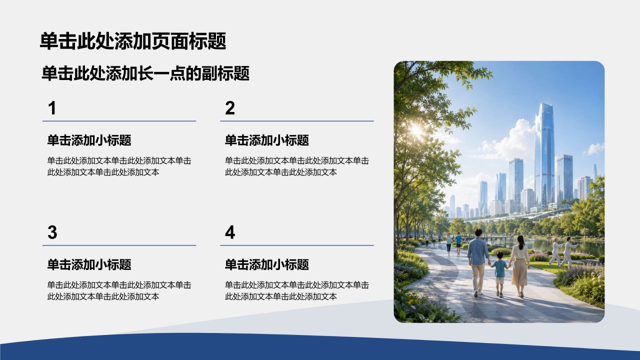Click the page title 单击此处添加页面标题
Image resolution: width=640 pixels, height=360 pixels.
[x=133, y=41]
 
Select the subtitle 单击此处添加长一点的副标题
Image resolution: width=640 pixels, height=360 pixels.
[x=145, y=73]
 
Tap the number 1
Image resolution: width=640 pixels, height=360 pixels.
[x=52, y=108]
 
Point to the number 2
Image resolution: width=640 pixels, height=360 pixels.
[x=230, y=108]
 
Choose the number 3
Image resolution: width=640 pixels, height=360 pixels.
[x=52, y=232]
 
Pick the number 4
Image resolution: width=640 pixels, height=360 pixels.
[x=230, y=232]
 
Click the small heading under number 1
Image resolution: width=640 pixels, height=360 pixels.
[x=89, y=140]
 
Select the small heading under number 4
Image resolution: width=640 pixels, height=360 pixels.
[x=267, y=264]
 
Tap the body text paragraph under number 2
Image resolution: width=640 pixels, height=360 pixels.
[x=297, y=166]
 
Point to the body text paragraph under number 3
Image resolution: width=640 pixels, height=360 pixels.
[x=119, y=290]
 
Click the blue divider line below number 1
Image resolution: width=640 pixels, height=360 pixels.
[x=119, y=121]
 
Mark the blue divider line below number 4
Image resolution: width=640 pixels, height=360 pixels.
[x=297, y=245]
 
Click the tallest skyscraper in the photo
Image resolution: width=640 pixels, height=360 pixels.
[x=544, y=155]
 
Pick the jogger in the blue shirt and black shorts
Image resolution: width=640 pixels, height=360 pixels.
[x=458, y=243]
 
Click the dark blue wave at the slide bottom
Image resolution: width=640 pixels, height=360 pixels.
[x=320, y=347]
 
